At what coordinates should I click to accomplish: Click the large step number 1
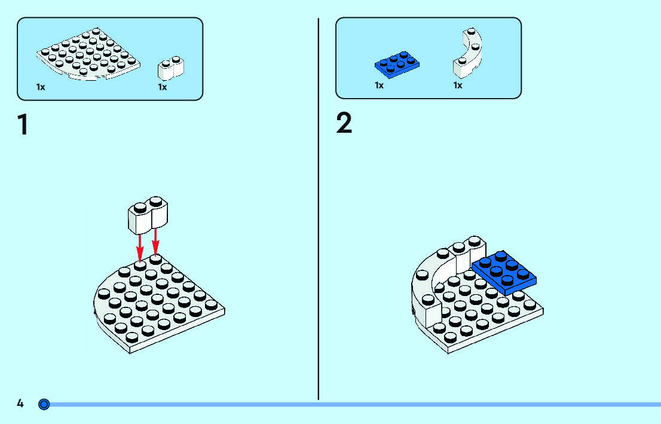[23, 125]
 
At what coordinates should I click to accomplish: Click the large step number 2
[344, 124]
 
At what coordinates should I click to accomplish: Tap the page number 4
[20, 404]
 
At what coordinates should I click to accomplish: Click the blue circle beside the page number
[44, 404]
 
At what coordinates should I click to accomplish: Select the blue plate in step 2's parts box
[397, 65]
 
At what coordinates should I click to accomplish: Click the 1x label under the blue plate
[379, 86]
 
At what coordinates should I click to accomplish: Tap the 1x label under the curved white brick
[458, 86]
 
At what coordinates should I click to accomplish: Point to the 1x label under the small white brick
[163, 87]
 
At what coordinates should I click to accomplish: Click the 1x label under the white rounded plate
[41, 87]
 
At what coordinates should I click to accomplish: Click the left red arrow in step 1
[140, 245]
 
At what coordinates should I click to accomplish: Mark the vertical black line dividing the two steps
[319, 209]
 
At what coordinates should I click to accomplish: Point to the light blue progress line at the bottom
[359, 405]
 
